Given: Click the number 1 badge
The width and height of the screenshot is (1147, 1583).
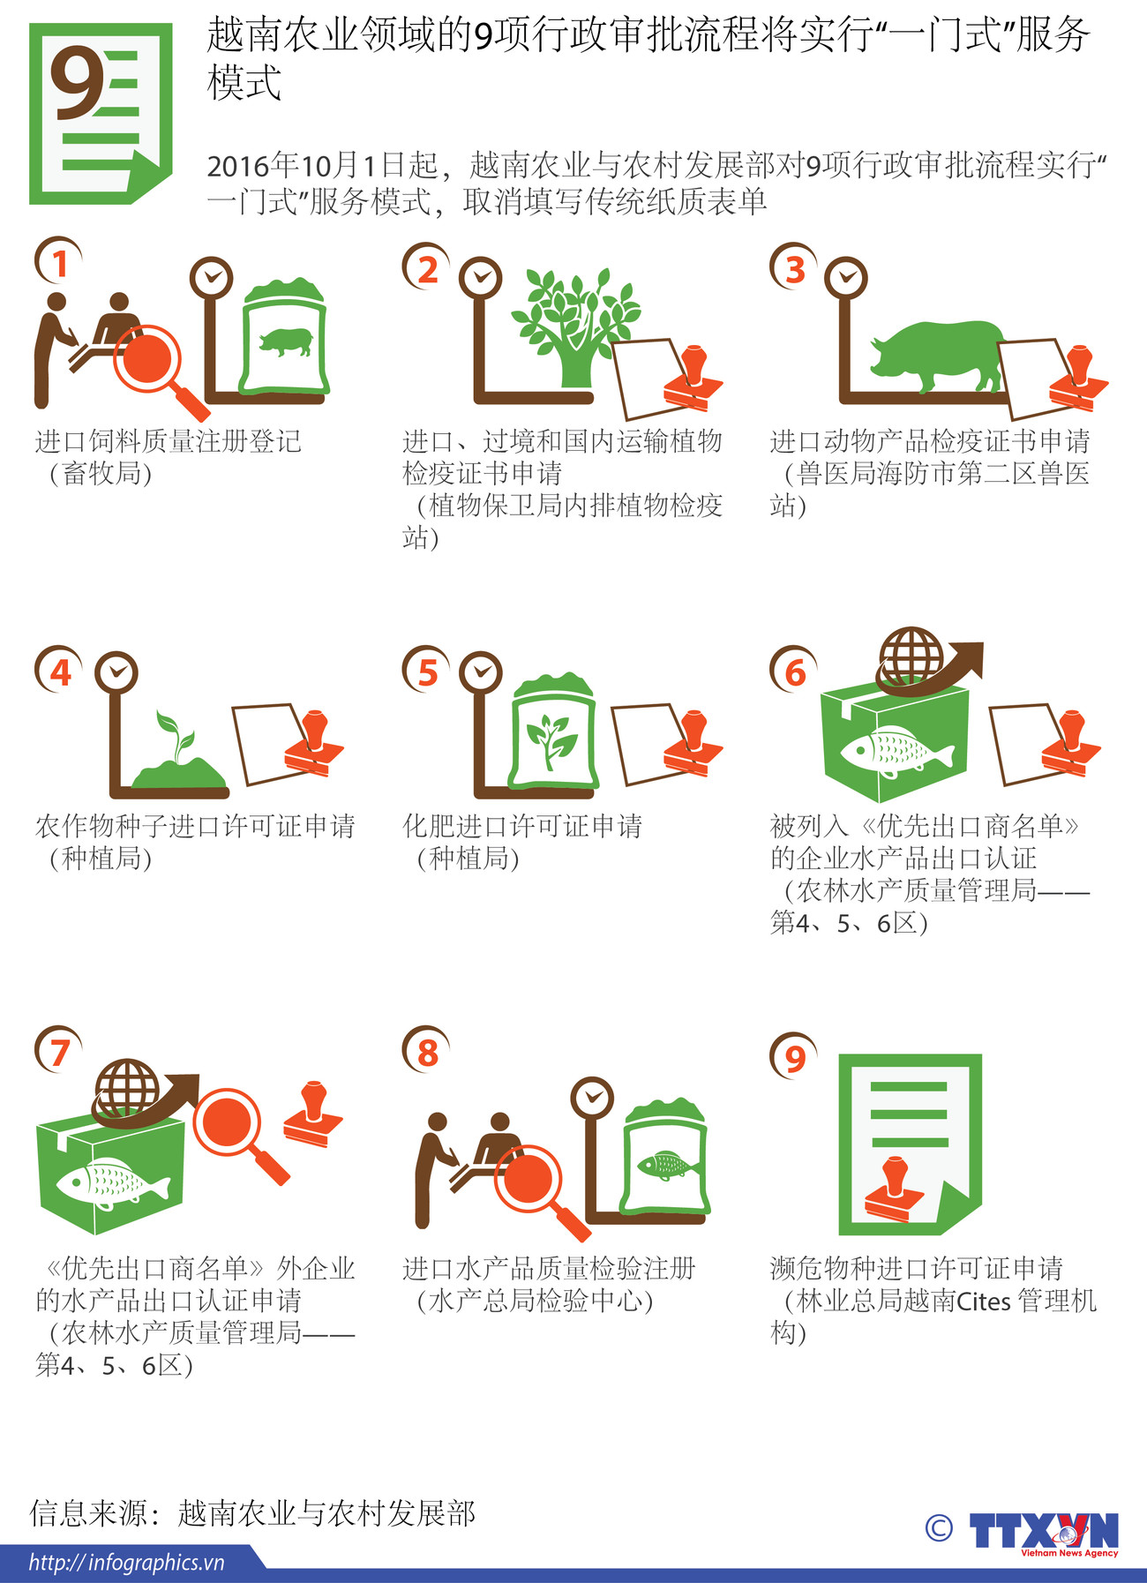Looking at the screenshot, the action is [58, 262].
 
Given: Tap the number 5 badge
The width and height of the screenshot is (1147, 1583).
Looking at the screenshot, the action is [427, 671].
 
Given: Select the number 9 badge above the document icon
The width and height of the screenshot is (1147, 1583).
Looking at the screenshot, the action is [794, 1056].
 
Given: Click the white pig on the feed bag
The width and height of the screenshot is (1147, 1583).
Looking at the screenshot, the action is [285, 341].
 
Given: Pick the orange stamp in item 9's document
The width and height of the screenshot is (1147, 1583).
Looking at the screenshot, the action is [895, 1188].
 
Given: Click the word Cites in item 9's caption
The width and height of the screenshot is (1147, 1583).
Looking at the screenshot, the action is [984, 1301].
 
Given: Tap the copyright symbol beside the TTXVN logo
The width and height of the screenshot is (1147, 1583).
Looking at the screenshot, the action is [939, 1527].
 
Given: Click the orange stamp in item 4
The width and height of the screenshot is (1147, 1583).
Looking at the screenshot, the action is [314, 743].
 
